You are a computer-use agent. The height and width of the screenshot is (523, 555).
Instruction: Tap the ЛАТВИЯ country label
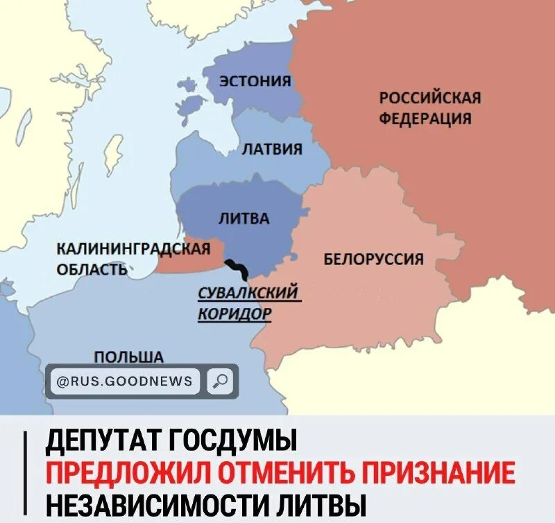[x=271, y=148]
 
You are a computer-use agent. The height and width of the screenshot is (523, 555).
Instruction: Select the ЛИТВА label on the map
[x=244, y=218]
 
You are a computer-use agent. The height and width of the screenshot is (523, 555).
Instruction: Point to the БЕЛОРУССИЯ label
[x=374, y=259]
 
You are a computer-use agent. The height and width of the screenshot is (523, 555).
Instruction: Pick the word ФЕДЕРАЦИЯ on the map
[x=425, y=118]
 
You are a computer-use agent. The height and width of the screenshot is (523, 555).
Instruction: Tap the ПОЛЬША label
[x=129, y=357]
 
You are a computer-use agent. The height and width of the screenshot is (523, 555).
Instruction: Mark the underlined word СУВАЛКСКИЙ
[x=248, y=293]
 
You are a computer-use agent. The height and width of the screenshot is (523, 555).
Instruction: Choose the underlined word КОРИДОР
[x=234, y=314]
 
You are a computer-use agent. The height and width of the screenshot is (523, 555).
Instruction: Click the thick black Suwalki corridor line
[x=237, y=267]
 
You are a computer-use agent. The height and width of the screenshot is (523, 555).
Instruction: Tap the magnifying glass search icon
[x=220, y=380]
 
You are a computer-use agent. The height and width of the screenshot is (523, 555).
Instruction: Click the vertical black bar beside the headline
[x=26, y=473]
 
